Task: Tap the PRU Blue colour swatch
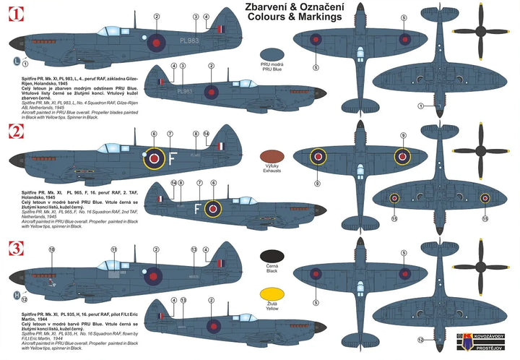click(272, 53)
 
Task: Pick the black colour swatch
click(272, 256)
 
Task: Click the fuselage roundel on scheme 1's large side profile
click(155, 43)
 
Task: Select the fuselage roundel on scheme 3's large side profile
click(154, 275)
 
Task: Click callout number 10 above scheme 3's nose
click(51, 249)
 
